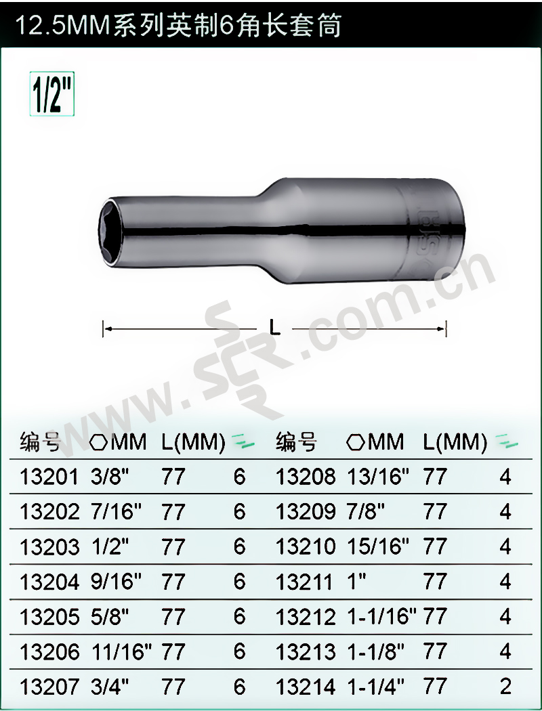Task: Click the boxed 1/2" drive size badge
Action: (51, 94)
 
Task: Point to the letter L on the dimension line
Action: (275, 327)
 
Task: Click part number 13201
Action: (49, 477)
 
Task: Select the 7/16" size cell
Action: (117, 512)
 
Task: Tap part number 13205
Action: (49, 617)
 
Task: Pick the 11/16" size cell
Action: (122, 651)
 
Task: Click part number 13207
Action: (49, 687)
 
